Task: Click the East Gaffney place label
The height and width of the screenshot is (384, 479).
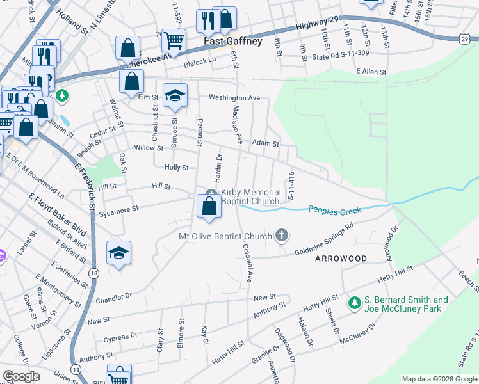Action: click(x=233, y=41)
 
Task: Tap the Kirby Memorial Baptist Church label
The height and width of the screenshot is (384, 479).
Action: click(x=251, y=196)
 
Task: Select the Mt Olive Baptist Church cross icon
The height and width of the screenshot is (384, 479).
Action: click(x=281, y=236)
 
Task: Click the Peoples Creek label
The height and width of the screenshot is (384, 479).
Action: click(x=335, y=209)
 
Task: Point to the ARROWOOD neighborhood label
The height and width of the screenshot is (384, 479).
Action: click(x=341, y=259)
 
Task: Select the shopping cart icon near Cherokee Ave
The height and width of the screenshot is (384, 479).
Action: click(x=174, y=40)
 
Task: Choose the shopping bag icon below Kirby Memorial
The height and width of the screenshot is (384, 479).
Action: click(x=209, y=205)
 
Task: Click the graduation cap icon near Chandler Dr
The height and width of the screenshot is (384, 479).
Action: click(x=118, y=253)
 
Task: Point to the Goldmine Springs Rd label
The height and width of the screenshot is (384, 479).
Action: click(x=325, y=239)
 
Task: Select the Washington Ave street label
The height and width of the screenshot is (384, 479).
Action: click(x=234, y=98)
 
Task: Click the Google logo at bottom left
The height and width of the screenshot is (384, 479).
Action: click(x=21, y=376)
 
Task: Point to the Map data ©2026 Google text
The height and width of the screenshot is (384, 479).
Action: click(x=439, y=379)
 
